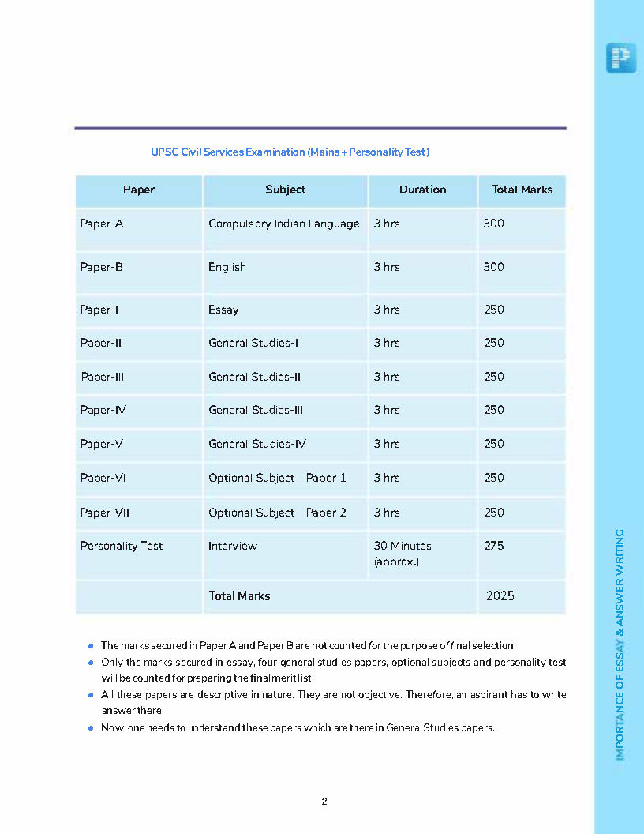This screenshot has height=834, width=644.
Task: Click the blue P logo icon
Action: coord(621,58)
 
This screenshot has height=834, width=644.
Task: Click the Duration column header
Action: coord(422,190)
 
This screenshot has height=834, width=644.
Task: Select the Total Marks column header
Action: coord(522,190)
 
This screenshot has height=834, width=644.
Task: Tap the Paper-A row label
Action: coord(102,224)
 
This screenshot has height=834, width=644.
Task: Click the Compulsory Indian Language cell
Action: coord(283,224)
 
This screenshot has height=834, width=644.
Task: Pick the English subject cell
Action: coord(227,267)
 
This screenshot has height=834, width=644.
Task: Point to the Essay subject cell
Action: coord(223,310)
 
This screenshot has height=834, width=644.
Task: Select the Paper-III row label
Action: coord(103,377)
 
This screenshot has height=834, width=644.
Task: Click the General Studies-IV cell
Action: coord(256,444)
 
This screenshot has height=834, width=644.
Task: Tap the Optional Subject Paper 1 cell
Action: coord(277,478)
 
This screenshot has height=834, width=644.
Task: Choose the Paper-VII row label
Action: coord(105,513)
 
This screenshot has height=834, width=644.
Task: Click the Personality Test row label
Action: coord(122,546)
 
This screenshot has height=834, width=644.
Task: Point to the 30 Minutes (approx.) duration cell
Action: coord(402,554)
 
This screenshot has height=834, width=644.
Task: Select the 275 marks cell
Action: coord(494,546)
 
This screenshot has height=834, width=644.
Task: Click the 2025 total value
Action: coord(500,596)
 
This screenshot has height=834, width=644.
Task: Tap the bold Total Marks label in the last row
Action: coord(239,596)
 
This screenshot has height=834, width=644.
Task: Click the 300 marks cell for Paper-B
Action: coord(494,267)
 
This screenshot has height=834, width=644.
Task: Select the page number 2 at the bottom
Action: coord(324,802)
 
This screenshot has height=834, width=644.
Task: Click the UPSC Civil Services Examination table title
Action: coord(290,152)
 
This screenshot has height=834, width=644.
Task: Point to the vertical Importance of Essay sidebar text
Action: coord(620,644)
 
